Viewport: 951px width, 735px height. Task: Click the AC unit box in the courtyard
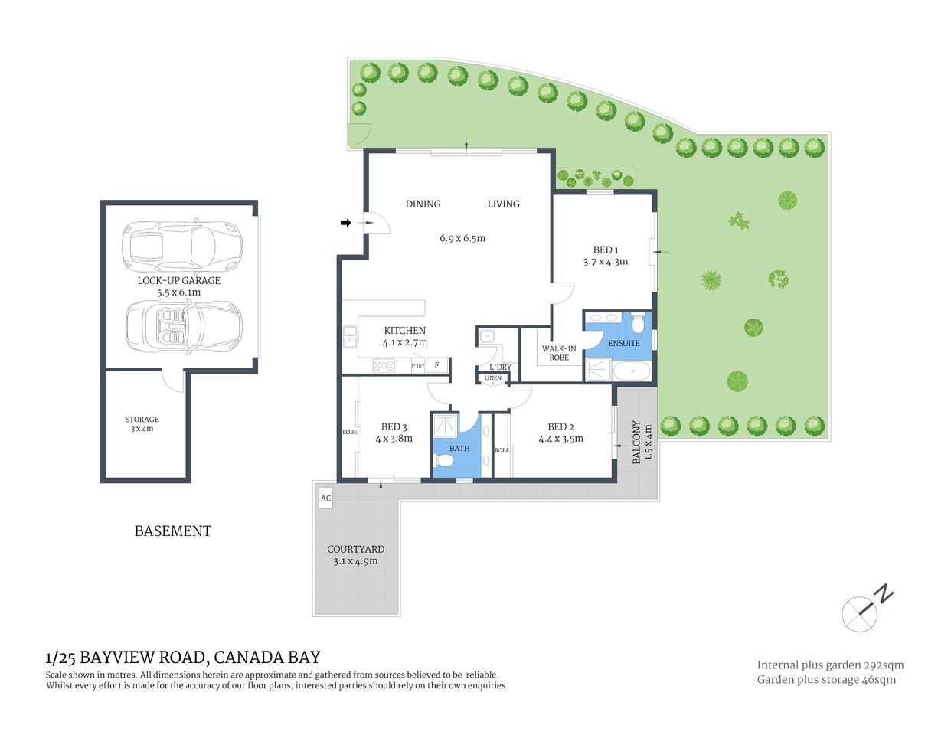(325, 498)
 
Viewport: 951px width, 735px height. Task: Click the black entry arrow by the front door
(346, 223)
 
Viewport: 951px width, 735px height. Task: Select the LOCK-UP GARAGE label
(179, 280)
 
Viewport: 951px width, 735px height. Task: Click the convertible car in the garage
(184, 326)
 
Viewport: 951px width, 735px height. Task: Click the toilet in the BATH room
(443, 461)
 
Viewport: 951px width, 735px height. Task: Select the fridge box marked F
(437, 365)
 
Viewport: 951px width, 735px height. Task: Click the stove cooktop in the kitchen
(384, 365)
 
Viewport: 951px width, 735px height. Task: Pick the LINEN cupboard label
(493, 378)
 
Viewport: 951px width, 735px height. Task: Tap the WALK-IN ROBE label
(559, 353)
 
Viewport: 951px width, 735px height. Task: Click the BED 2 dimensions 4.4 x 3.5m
(560, 439)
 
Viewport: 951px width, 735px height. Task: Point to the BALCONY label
(636, 442)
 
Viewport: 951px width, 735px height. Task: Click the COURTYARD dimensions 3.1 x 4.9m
(355, 561)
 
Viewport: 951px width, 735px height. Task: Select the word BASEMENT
(173, 531)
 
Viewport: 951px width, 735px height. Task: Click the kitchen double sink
(350, 337)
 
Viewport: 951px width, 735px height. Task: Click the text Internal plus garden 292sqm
(830, 665)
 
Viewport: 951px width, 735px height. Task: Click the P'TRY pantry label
(418, 366)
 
